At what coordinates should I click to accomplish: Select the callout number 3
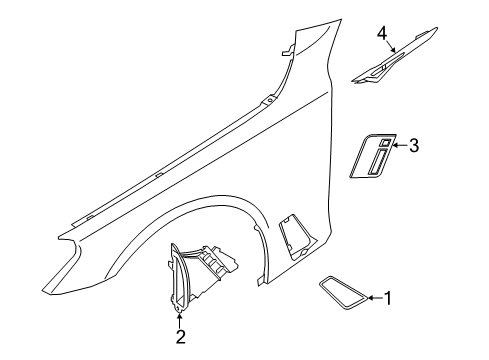click(x=413, y=146)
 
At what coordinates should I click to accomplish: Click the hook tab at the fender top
click(x=289, y=50)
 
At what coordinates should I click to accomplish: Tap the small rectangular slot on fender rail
click(x=159, y=171)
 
